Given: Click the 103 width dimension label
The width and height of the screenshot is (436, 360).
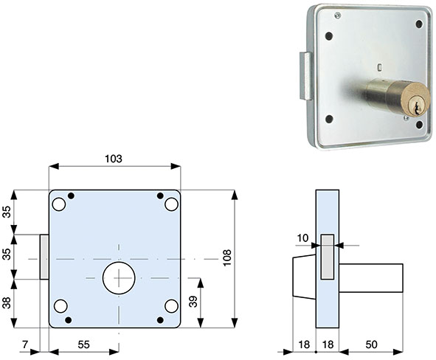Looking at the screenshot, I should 113,159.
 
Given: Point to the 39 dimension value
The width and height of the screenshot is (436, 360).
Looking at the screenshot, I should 193,302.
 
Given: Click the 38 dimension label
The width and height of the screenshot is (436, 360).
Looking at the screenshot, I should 7,303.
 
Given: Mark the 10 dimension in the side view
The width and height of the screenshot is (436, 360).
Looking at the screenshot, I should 302,237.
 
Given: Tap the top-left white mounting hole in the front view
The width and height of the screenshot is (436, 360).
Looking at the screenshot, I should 59,204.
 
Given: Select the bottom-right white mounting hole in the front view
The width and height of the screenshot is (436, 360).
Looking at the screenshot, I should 171,306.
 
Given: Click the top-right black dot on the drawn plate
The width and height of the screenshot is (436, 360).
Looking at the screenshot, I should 160,195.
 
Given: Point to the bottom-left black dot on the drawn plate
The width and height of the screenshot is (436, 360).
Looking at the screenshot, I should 69,319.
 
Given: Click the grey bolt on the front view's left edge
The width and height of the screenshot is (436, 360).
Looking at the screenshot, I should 44,258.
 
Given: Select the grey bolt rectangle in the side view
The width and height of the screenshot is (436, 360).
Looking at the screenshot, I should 327,258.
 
